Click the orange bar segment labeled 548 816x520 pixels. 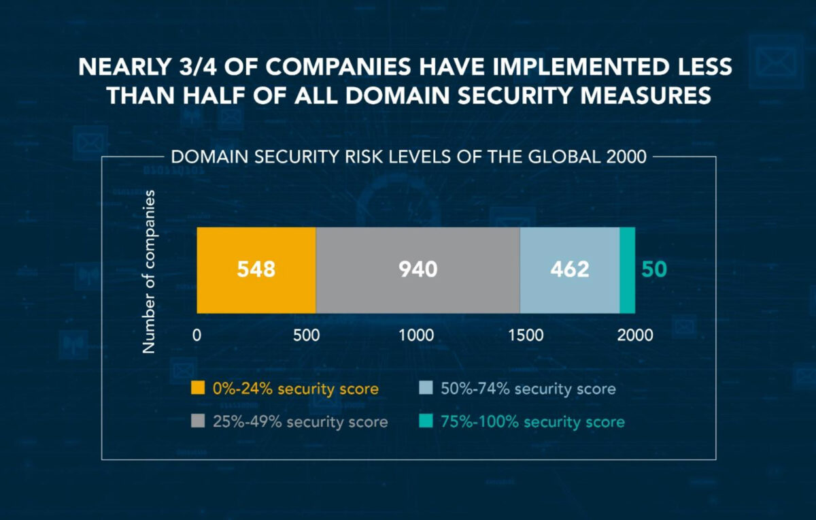256,270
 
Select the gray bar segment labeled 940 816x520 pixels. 418,270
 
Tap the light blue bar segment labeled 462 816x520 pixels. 569,270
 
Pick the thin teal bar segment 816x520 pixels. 627,270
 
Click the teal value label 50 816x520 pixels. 654,270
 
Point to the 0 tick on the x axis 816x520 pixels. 197,335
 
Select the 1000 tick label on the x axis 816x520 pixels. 416,335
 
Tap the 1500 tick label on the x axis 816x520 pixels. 526,335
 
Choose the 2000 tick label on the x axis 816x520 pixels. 635,335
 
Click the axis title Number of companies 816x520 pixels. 149,272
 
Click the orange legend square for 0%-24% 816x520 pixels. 197,389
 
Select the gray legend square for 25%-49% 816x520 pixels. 197,422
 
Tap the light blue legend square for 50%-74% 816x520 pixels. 424,389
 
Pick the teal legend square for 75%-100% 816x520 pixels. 424,422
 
